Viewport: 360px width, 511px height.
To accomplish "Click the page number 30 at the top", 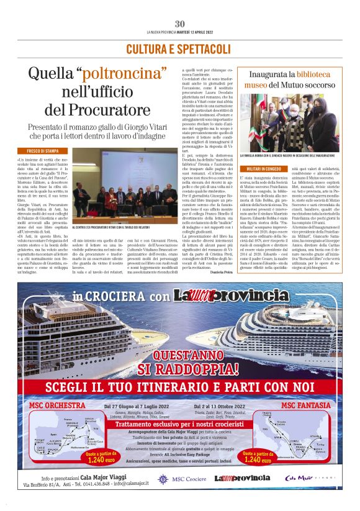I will pos(180,24).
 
